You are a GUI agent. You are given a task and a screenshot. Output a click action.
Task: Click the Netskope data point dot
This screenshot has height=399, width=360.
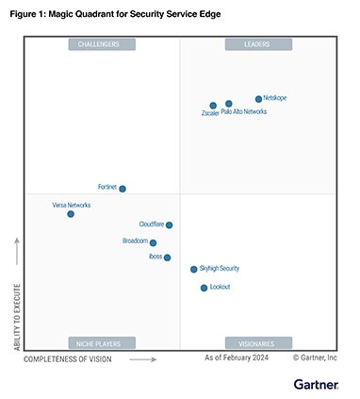coord(258,99)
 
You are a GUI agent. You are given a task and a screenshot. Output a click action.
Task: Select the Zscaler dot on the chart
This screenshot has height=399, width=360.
coord(213,106)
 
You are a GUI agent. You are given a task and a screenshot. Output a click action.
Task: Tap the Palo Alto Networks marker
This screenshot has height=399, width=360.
coord(229,104)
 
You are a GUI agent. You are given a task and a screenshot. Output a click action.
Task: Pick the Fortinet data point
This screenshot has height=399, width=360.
coord(123,189)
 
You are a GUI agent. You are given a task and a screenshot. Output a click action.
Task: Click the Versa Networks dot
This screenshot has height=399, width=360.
coord(71,214)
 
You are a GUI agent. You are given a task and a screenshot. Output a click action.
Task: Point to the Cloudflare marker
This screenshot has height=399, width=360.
coord(170,224)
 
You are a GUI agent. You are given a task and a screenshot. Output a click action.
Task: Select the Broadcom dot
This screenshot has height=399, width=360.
coord(153,242)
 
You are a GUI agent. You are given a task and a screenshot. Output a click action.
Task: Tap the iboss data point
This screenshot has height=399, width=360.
coord(168,258)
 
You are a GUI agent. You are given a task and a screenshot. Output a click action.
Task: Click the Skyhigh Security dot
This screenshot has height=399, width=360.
coord(194,270)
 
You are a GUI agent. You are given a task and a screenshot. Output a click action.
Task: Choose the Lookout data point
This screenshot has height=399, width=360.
coord(204,288)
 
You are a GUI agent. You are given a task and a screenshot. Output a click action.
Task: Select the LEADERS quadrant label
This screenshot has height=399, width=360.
coord(258,44)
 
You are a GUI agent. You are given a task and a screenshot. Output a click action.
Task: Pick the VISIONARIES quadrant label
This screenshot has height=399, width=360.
coord(258,342)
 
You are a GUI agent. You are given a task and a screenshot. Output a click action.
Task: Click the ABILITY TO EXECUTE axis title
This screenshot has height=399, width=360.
coord(16,295)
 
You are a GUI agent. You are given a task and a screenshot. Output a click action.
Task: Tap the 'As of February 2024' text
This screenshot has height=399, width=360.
coord(237,358)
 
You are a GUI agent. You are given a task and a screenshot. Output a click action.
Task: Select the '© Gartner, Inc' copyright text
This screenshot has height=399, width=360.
coord(314,358)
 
